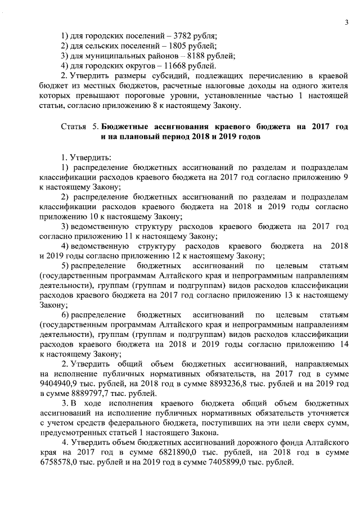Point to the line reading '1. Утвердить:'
coord(86,156)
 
